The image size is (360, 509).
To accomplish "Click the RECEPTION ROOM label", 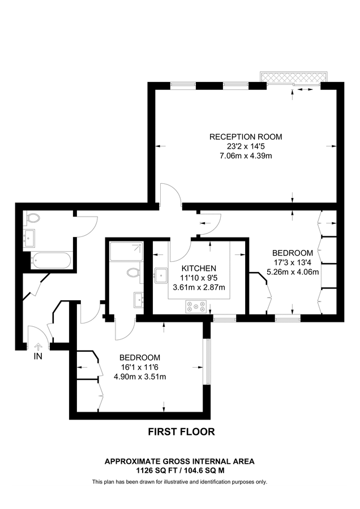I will [246, 137].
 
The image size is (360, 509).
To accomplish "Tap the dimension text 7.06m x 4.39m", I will [246, 156].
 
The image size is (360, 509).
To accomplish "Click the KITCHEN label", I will [199, 268].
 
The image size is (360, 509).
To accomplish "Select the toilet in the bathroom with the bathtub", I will [33, 217].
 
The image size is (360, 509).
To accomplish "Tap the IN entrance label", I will [38, 357].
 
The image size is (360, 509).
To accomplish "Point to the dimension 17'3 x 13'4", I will [292, 262].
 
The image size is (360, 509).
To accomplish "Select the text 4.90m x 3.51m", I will [140, 377].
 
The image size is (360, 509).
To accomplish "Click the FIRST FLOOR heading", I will [181, 432].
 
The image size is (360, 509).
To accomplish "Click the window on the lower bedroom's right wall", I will [208, 360].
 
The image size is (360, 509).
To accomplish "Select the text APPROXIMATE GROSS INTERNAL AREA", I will [179, 461].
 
